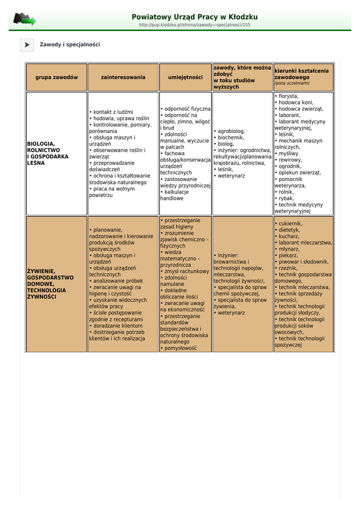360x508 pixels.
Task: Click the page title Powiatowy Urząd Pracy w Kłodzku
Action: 195,17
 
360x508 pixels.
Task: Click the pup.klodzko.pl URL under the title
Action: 195,25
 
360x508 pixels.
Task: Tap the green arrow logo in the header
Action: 24,19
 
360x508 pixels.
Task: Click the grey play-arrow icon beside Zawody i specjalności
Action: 27,45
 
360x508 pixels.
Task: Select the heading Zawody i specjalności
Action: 70,45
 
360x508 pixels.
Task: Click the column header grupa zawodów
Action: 57,77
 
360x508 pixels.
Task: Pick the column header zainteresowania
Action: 123,77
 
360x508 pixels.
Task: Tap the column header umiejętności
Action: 185,77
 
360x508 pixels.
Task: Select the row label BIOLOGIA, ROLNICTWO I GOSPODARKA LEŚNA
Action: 48,153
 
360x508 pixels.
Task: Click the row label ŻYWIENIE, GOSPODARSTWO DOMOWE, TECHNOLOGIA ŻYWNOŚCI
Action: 50,284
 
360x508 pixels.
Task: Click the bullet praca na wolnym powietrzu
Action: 112,192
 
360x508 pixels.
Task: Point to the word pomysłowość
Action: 180,348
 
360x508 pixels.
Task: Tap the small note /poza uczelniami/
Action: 292,83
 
